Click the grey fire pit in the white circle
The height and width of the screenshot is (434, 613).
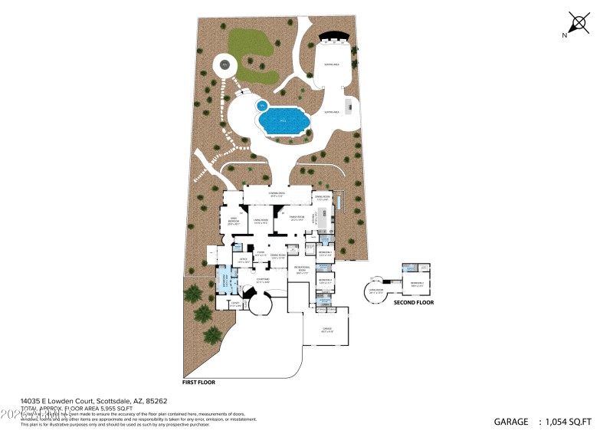[x=225, y=66]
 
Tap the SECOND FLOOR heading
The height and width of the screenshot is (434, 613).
[x=414, y=302]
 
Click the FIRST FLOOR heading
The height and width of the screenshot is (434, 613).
[x=201, y=381]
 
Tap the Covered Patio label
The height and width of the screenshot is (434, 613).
[x=277, y=194]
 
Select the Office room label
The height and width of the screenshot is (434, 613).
[x=244, y=261]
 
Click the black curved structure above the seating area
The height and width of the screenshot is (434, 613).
[x=333, y=36]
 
